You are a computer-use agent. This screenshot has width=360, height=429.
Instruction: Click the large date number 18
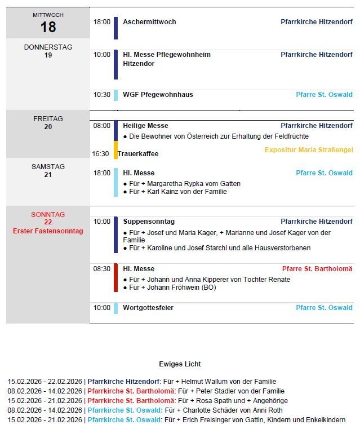[48, 26]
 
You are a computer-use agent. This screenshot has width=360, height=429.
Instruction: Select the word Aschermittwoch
[149, 22]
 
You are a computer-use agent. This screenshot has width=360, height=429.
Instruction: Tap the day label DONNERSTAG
[48, 47]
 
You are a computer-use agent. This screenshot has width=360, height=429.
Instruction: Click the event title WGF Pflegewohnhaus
[158, 95]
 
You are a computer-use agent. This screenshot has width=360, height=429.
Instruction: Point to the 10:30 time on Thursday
[102, 95]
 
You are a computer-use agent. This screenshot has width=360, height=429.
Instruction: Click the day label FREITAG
[48, 119]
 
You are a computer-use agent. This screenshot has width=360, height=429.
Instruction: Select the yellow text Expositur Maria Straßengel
[308, 150]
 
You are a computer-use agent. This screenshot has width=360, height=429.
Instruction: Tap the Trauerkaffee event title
[138, 154]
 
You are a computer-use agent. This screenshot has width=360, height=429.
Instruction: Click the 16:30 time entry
[100, 154]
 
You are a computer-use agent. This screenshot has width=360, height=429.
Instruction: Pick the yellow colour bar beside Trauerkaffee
[115, 150]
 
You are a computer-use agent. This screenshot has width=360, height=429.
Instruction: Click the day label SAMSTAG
[48, 167]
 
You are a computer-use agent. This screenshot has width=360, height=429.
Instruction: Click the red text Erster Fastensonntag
[48, 231]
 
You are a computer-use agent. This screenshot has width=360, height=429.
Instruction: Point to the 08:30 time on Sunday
[102, 269]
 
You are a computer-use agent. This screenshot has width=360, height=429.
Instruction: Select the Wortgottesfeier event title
[148, 308]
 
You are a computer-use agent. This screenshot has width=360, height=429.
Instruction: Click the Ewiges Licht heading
[180, 364]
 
